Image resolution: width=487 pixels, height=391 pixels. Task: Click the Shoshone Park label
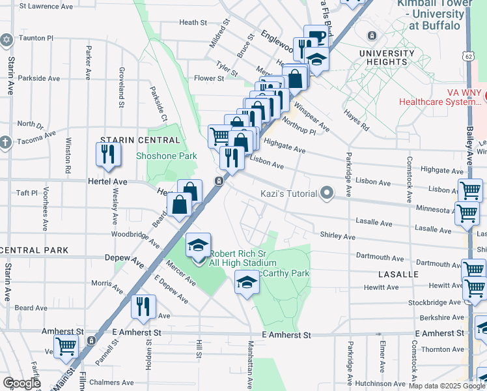point(166,156)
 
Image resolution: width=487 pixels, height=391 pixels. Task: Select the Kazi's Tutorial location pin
point(327,194)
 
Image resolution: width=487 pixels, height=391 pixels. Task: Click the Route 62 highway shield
point(468,56)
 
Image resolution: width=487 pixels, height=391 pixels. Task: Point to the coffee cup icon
point(316,37)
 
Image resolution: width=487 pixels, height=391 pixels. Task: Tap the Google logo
point(21,383)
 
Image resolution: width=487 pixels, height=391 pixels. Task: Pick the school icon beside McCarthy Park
point(245,282)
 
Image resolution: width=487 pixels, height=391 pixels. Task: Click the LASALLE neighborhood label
point(397,274)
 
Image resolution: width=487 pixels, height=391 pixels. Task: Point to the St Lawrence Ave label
point(49,7)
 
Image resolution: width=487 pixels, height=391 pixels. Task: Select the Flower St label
point(209,78)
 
